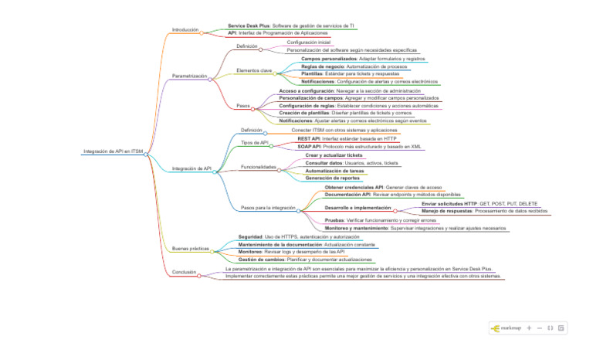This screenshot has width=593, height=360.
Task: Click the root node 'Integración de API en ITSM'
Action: coord(113,151)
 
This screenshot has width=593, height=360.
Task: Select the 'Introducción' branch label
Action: coord(185,29)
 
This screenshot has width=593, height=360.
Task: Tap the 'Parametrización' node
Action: coord(189,76)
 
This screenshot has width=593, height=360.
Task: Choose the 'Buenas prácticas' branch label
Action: coord(190,249)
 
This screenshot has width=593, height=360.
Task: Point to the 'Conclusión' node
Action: coord(184,272)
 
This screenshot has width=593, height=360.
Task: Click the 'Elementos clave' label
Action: coord(254,70)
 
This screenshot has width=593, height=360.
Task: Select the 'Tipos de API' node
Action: coord(254,142)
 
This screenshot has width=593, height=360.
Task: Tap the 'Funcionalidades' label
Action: coord(258,167)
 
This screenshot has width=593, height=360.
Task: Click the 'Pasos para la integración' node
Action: coord(268,208)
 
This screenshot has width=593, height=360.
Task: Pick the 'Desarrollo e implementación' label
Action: coord(357,208)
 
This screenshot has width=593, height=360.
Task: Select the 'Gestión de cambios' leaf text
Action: coord(264,260)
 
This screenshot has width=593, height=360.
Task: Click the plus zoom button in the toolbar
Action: coord(529,328)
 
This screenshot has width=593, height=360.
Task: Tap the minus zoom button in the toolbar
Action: coord(540,328)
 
